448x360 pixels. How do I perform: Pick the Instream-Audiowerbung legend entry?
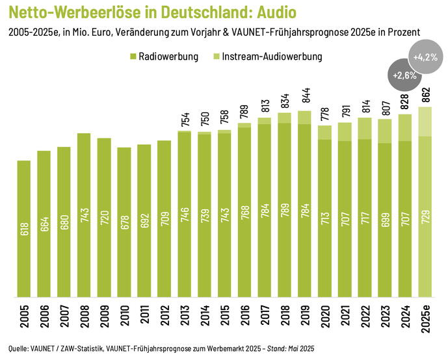coord(272,57)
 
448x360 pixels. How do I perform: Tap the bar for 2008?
coord(84,214)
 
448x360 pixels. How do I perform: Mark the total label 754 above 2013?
coord(184,120)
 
